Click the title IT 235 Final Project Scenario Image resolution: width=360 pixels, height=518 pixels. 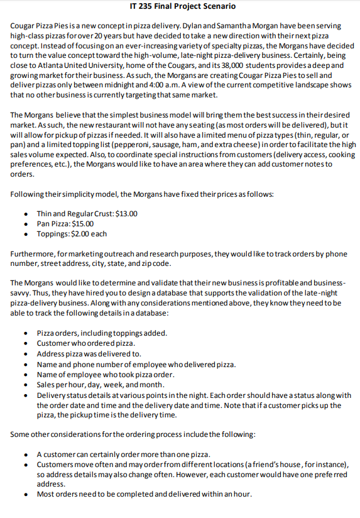(x=180, y=6)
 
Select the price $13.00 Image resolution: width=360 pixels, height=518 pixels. (x=125, y=214)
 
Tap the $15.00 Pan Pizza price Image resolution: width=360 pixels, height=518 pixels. (x=82, y=224)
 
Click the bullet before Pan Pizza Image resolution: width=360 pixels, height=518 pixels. (x=25, y=224)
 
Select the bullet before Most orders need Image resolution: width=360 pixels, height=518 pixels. (x=25, y=493)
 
